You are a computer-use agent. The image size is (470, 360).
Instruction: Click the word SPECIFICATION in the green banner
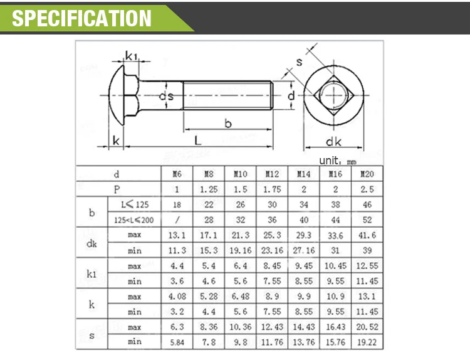click(82, 18)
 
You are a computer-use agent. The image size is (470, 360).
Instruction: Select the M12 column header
click(272, 174)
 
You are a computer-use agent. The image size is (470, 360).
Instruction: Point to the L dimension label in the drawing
click(197, 140)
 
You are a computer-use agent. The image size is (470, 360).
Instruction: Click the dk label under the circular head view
click(333, 141)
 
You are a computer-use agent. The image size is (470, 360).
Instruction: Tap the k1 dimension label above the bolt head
click(132, 56)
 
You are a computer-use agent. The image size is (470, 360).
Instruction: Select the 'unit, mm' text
click(337, 161)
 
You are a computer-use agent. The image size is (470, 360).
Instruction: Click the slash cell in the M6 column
click(177, 220)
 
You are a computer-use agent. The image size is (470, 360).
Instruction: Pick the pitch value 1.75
click(272, 189)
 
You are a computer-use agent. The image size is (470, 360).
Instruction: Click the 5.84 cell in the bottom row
click(177, 342)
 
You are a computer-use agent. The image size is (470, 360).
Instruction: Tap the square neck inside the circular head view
click(334, 98)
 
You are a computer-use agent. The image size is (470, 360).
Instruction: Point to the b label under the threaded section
click(228, 124)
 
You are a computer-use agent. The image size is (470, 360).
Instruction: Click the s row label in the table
click(91, 334)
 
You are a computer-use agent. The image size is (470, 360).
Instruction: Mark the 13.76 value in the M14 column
click(303, 342)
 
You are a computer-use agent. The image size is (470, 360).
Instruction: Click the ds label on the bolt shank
click(165, 97)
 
